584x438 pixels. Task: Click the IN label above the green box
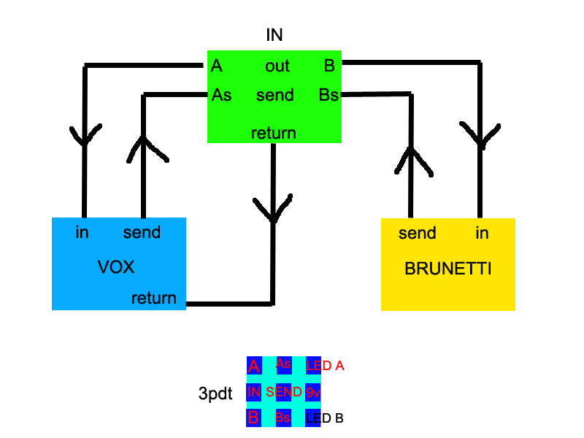point(274,34)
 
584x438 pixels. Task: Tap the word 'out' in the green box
point(277,66)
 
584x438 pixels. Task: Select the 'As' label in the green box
point(221,95)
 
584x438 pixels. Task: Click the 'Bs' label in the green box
point(328,95)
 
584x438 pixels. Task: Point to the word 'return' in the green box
point(274,133)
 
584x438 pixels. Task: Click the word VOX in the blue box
point(116,267)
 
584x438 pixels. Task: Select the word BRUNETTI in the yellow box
point(447,269)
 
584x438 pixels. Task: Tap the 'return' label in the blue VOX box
point(154,298)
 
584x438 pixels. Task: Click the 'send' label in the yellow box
point(417,234)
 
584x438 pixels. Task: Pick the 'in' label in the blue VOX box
point(82,234)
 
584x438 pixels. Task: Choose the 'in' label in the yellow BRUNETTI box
point(482,234)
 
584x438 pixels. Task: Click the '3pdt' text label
point(215,394)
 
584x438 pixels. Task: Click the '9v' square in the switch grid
point(313,393)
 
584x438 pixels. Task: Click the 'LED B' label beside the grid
point(325,419)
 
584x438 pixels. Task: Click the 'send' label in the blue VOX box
point(142,234)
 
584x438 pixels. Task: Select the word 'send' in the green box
point(275,95)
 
